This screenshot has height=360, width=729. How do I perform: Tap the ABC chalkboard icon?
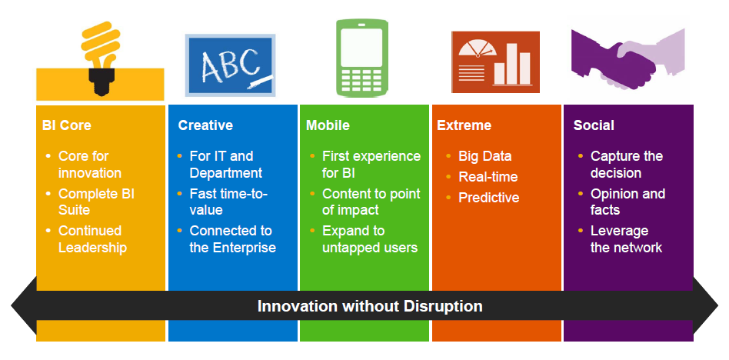pos(230,65)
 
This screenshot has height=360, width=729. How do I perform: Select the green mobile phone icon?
pos(362,58)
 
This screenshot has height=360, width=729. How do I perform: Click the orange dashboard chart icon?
pos(495,62)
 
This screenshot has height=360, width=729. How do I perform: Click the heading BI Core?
pos(67,125)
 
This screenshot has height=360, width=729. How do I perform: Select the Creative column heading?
pos(205,125)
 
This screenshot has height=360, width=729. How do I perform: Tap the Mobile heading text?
pos(328,125)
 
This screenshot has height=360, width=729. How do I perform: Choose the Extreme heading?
pos(464,125)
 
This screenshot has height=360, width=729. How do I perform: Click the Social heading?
pos(594,125)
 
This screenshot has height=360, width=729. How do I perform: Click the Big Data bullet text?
pos(485,156)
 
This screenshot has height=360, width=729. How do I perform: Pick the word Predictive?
pos(488,198)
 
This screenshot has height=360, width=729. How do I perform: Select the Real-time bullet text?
pos(488,177)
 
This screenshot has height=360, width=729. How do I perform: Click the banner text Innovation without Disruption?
pos(370,306)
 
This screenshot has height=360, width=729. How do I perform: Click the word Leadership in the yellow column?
pos(92,248)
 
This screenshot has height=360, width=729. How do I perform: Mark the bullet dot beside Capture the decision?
pos(581,156)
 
